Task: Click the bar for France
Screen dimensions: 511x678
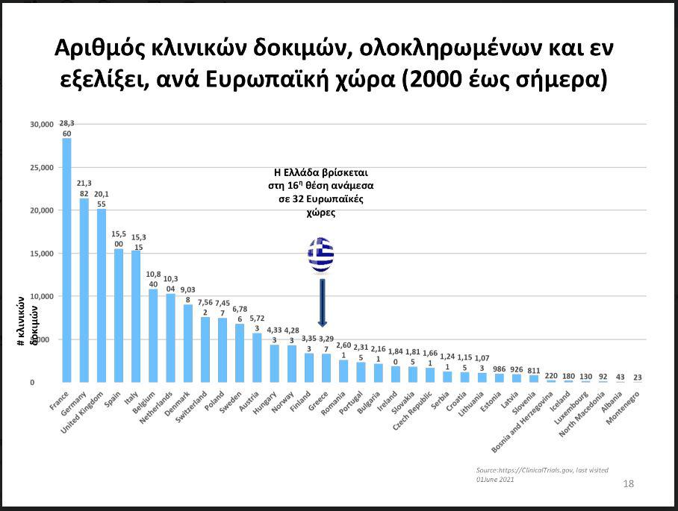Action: click(x=66, y=261)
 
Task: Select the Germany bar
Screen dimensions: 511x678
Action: click(x=84, y=291)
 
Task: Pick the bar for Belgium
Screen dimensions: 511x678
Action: click(x=153, y=336)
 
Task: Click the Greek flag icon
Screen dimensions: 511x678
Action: click(x=321, y=255)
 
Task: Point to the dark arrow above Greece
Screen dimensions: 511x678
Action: click(x=322, y=302)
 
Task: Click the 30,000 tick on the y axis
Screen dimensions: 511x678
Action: click(x=42, y=124)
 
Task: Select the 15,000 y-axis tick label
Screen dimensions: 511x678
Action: click(x=42, y=254)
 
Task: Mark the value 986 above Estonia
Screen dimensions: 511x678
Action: click(x=499, y=369)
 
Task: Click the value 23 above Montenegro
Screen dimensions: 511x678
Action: click(x=636, y=377)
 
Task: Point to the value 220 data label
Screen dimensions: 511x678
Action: click(x=550, y=376)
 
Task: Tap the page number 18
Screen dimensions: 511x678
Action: click(x=628, y=484)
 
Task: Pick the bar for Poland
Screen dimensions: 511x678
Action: click(x=223, y=351)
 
